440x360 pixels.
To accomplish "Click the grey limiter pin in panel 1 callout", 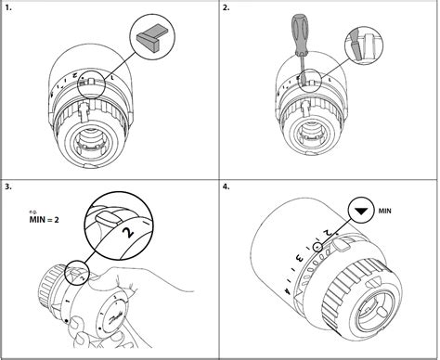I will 150,34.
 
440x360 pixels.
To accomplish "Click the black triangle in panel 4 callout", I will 360,212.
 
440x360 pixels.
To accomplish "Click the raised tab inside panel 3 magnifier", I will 105,213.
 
